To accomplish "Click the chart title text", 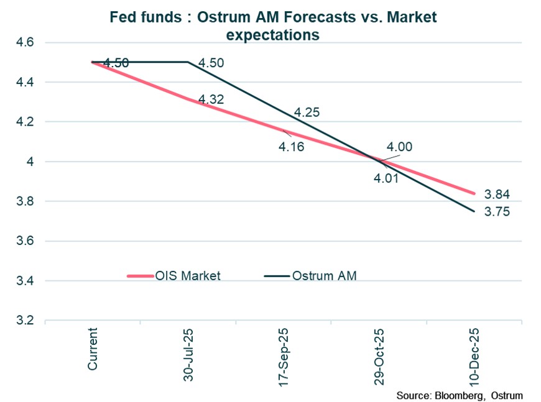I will click(272, 25).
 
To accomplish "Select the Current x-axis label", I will click(93, 349).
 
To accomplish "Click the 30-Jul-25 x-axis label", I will click(188, 354).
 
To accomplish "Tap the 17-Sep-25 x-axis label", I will click(283, 354).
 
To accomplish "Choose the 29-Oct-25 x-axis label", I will click(378, 354).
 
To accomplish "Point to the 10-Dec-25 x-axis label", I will click(474, 354).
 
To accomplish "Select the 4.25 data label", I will click(306, 112).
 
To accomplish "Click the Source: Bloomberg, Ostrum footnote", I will click(459, 395).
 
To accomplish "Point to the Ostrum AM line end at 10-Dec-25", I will click(474, 211).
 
